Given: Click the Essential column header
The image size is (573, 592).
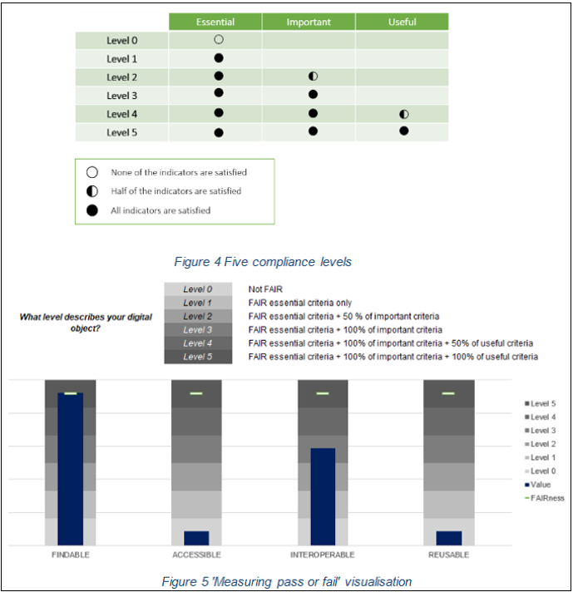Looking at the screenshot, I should (x=215, y=22).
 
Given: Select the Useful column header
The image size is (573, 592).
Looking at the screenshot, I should (x=402, y=22).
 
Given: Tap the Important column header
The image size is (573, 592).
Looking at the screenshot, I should (x=309, y=22).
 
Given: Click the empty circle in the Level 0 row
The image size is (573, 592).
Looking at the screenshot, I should (x=219, y=39).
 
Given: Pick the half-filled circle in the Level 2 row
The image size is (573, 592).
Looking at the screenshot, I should (x=313, y=76).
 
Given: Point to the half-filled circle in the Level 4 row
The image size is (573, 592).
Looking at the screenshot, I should (x=404, y=114).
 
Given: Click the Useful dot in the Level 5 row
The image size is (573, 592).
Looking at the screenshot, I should (x=404, y=131).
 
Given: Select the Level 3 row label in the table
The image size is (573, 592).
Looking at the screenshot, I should (x=122, y=96).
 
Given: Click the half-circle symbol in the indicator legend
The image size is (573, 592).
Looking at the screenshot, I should (x=92, y=191).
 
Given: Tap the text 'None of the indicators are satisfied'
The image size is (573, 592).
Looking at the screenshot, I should (x=179, y=173).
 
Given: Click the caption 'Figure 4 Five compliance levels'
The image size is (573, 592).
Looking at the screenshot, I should (x=263, y=262).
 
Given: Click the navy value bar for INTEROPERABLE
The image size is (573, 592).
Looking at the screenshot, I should (x=323, y=496).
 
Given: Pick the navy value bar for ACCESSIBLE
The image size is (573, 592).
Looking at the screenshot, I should (x=196, y=538).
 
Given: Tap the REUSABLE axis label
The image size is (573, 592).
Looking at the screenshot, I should (x=447, y=555).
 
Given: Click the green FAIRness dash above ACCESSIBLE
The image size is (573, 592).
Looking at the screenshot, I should (x=196, y=393).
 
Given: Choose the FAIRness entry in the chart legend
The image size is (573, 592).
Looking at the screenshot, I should (x=546, y=497).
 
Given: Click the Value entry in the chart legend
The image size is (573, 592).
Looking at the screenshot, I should (x=541, y=484).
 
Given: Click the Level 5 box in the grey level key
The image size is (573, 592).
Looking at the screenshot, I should (x=198, y=357).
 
